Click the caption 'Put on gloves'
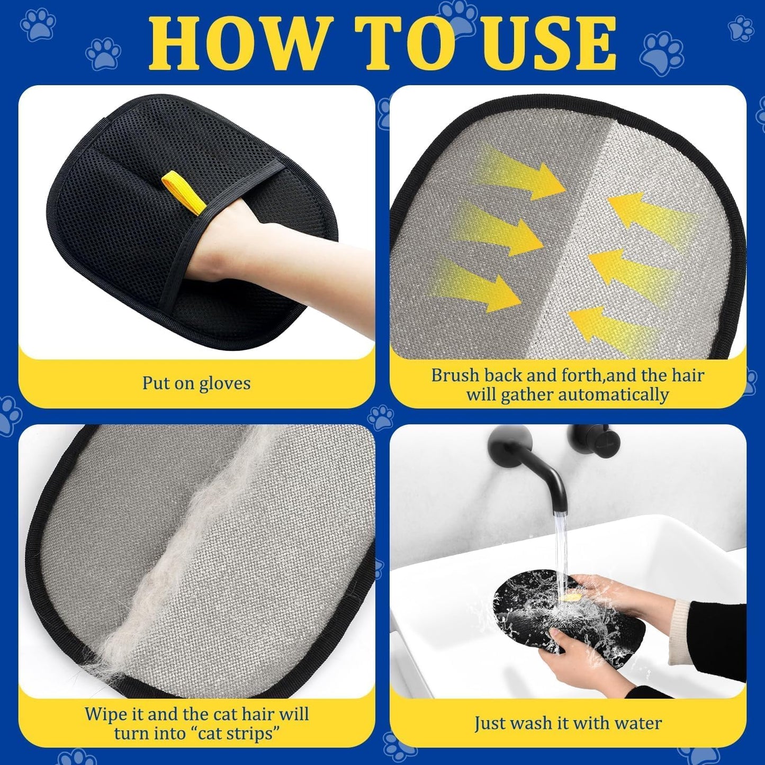pyautogui.click(x=196, y=383)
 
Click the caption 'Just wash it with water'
pyautogui.click(x=568, y=723)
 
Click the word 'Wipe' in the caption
pyautogui.click(x=106, y=714)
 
